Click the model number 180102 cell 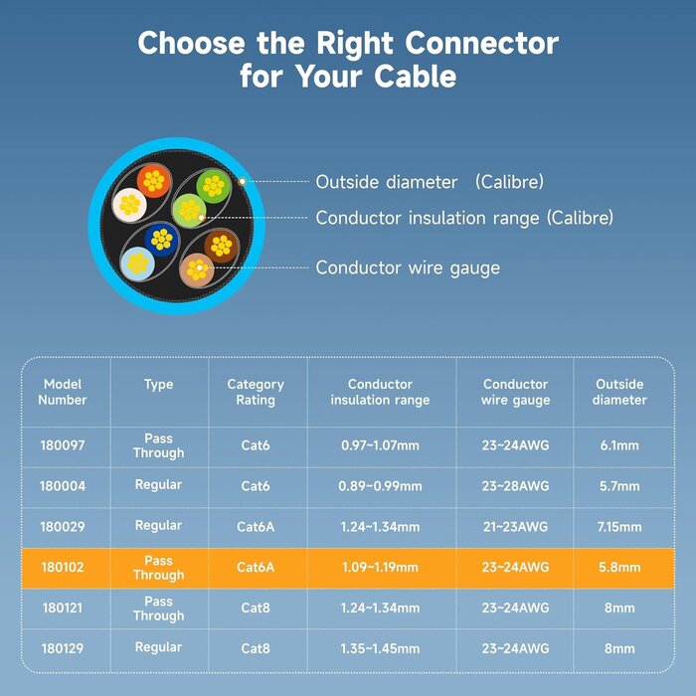click(x=63, y=568)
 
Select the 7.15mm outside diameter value click(x=618, y=526)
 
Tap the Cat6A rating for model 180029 click(x=256, y=526)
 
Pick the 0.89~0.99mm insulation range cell click(x=381, y=486)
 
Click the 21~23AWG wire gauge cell click(x=515, y=526)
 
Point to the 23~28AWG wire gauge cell click(x=515, y=486)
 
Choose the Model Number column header click(x=64, y=392)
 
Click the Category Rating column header click(x=256, y=392)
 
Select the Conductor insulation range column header click(x=381, y=392)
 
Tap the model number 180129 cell click(x=63, y=648)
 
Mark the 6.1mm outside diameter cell click(x=618, y=445)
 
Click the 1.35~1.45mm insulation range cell click(x=381, y=648)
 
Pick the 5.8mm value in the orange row click(x=618, y=568)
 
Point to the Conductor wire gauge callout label click(x=408, y=267)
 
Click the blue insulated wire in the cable click(x=160, y=239)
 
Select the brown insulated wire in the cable click(x=221, y=245)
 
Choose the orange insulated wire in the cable click(x=153, y=181)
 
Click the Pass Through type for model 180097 click(x=158, y=445)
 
